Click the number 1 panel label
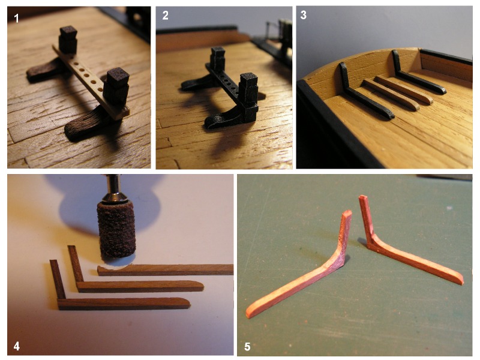17,19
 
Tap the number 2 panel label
166,16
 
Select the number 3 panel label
304,15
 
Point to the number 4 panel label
17,346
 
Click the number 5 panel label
247,347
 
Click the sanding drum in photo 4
116,230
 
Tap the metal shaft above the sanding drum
114,188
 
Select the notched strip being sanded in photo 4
166,270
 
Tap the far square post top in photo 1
68,31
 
